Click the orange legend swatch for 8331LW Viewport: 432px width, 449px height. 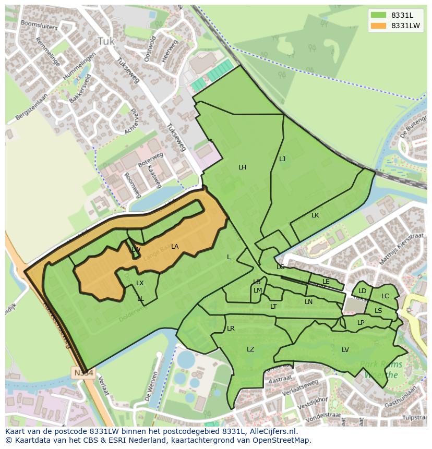pyautogui.click(x=378, y=26)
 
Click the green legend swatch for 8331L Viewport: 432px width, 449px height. pyautogui.click(x=378, y=15)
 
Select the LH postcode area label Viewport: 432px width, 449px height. pyautogui.click(x=242, y=167)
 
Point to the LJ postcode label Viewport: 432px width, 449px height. pyautogui.click(x=282, y=159)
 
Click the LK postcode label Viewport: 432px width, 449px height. pyautogui.click(x=315, y=215)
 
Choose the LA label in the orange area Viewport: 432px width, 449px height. pyautogui.click(x=175, y=247)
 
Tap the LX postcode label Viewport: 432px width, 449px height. pyautogui.click(x=140, y=283)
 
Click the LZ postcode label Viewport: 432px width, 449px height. pyautogui.click(x=250, y=349)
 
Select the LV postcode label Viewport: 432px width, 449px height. pyautogui.click(x=345, y=350)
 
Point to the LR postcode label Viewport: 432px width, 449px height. pyautogui.click(x=231, y=329)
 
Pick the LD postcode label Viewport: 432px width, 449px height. pyautogui.click(x=362, y=291)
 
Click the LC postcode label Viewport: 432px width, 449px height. pyautogui.click(x=385, y=296)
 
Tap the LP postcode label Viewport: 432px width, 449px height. pyautogui.click(x=361, y=323)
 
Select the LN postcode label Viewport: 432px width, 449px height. pyautogui.click(x=309, y=302)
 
